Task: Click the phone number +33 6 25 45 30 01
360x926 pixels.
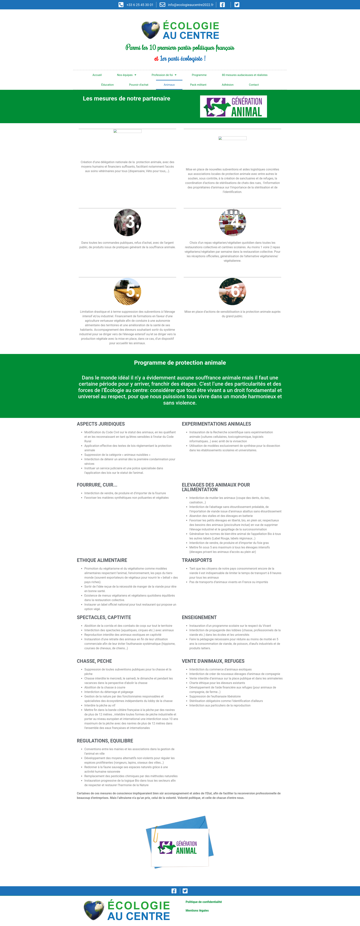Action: pos(139,5)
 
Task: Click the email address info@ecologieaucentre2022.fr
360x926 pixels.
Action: pos(190,5)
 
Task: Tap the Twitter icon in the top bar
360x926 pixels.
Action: pos(237,5)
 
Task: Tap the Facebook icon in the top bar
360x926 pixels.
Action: pos(222,5)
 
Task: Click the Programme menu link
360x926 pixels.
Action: pos(199,75)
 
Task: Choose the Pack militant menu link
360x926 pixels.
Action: pos(198,85)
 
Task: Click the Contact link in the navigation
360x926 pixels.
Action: pos(253,85)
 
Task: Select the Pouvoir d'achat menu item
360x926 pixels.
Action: pos(138,85)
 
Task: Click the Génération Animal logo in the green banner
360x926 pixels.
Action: pos(233,106)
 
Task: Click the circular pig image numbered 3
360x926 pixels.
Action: pos(127,223)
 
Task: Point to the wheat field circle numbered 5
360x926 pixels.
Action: pos(127,292)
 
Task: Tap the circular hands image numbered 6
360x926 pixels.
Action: pos(232,292)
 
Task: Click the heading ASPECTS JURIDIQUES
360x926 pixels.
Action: pos(101,424)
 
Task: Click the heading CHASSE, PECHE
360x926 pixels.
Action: pos(94,661)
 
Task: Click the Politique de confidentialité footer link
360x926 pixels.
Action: pos(204,902)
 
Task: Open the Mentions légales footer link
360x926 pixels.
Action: pos(197,911)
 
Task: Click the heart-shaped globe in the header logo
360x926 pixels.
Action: pos(150,30)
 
